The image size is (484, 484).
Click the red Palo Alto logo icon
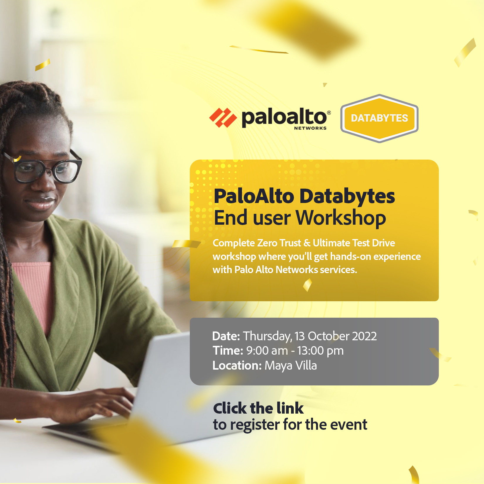coord(223,118)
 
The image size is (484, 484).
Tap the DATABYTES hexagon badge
coord(379,118)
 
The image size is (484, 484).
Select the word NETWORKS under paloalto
coord(310,128)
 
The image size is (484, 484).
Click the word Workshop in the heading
coord(341,218)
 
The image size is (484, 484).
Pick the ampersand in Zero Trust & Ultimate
coord(307,243)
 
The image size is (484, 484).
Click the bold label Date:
coord(226,336)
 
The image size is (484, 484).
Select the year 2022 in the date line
coord(364,336)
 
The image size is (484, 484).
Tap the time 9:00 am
coord(267,351)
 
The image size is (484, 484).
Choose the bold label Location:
coord(237,366)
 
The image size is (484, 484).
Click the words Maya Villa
coord(291,366)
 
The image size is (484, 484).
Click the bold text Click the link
coord(258,408)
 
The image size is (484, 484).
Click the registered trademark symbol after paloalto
coord(329,113)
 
